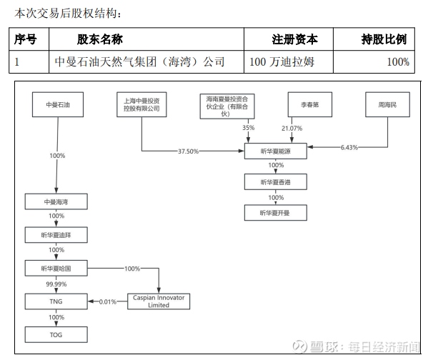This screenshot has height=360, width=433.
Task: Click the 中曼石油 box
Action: tap(56, 105)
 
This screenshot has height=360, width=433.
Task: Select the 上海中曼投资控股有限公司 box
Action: tap(141, 104)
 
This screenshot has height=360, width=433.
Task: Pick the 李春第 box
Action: tap(309, 105)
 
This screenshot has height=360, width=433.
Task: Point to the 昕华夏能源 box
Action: tap(274, 151)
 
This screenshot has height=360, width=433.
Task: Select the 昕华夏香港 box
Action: tap(274, 183)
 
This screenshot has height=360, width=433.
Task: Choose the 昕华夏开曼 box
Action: tap(274, 213)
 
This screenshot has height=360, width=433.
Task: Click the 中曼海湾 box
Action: tap(56, 203)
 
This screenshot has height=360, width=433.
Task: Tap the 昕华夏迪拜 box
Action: tap(56, 235)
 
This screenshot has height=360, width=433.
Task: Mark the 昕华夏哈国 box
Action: tap(56, 269)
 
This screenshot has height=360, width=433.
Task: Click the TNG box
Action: tap(56, 301)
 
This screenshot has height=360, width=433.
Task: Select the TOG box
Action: tap(56, 334)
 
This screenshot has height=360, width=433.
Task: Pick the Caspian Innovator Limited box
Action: tap(159, 301)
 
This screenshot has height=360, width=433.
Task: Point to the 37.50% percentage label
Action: tap(188, 151)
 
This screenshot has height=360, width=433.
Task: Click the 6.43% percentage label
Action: tap(349, 148)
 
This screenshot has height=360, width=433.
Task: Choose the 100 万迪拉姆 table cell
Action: tap(281, 62)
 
